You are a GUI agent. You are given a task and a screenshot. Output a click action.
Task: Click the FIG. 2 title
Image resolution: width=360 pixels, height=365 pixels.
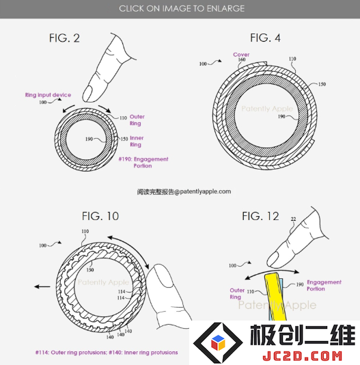(x=64, y=38)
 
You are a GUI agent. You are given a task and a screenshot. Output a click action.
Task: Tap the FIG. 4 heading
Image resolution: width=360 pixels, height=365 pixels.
(x=265, y=38)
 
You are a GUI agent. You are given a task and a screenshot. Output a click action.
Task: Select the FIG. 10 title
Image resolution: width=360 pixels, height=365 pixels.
(x=100, y=216)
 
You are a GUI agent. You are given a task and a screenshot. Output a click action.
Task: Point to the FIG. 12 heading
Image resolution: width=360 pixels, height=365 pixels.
(x=260, y=216)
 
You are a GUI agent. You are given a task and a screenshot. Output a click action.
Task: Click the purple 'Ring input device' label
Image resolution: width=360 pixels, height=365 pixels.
(x=49, y=95)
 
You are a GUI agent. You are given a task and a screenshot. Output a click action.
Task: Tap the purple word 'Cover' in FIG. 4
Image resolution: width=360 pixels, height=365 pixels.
(x=241, y=55)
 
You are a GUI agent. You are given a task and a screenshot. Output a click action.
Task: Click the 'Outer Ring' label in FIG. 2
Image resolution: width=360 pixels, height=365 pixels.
(x=137, y=120)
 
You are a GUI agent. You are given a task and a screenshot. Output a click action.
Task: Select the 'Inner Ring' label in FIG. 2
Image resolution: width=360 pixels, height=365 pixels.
(x=137, y=141)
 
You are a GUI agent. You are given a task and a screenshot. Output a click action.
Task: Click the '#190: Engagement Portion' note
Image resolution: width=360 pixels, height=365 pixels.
(x=143, y=163)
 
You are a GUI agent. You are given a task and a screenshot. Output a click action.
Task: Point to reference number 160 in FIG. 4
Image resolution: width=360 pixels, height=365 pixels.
(x=242, y=59)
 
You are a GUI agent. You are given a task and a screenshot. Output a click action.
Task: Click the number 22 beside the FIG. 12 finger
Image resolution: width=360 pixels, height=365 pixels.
(x=294, y=219)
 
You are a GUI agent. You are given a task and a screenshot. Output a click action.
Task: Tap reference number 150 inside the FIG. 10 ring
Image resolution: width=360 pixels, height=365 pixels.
(x=90, y=270)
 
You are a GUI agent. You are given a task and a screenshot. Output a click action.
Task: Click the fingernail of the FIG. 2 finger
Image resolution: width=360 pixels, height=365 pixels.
(x=87, y=93)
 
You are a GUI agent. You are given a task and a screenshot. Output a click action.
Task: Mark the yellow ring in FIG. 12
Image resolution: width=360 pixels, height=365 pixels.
(x=275, y=297)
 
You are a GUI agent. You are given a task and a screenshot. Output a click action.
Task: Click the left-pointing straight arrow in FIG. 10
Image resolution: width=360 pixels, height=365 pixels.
(x=42, y=286)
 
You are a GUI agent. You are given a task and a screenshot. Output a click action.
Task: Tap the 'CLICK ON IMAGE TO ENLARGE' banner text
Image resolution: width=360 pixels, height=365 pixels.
(x=182, y=9)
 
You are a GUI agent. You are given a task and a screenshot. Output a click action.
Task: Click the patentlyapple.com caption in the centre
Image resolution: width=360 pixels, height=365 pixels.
(x=184, y=191)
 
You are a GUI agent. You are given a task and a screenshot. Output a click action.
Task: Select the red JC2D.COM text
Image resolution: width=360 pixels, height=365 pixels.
(x=303, y=356)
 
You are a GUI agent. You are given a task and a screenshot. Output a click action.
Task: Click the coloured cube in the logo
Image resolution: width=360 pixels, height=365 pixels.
(x=218, y=342)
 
